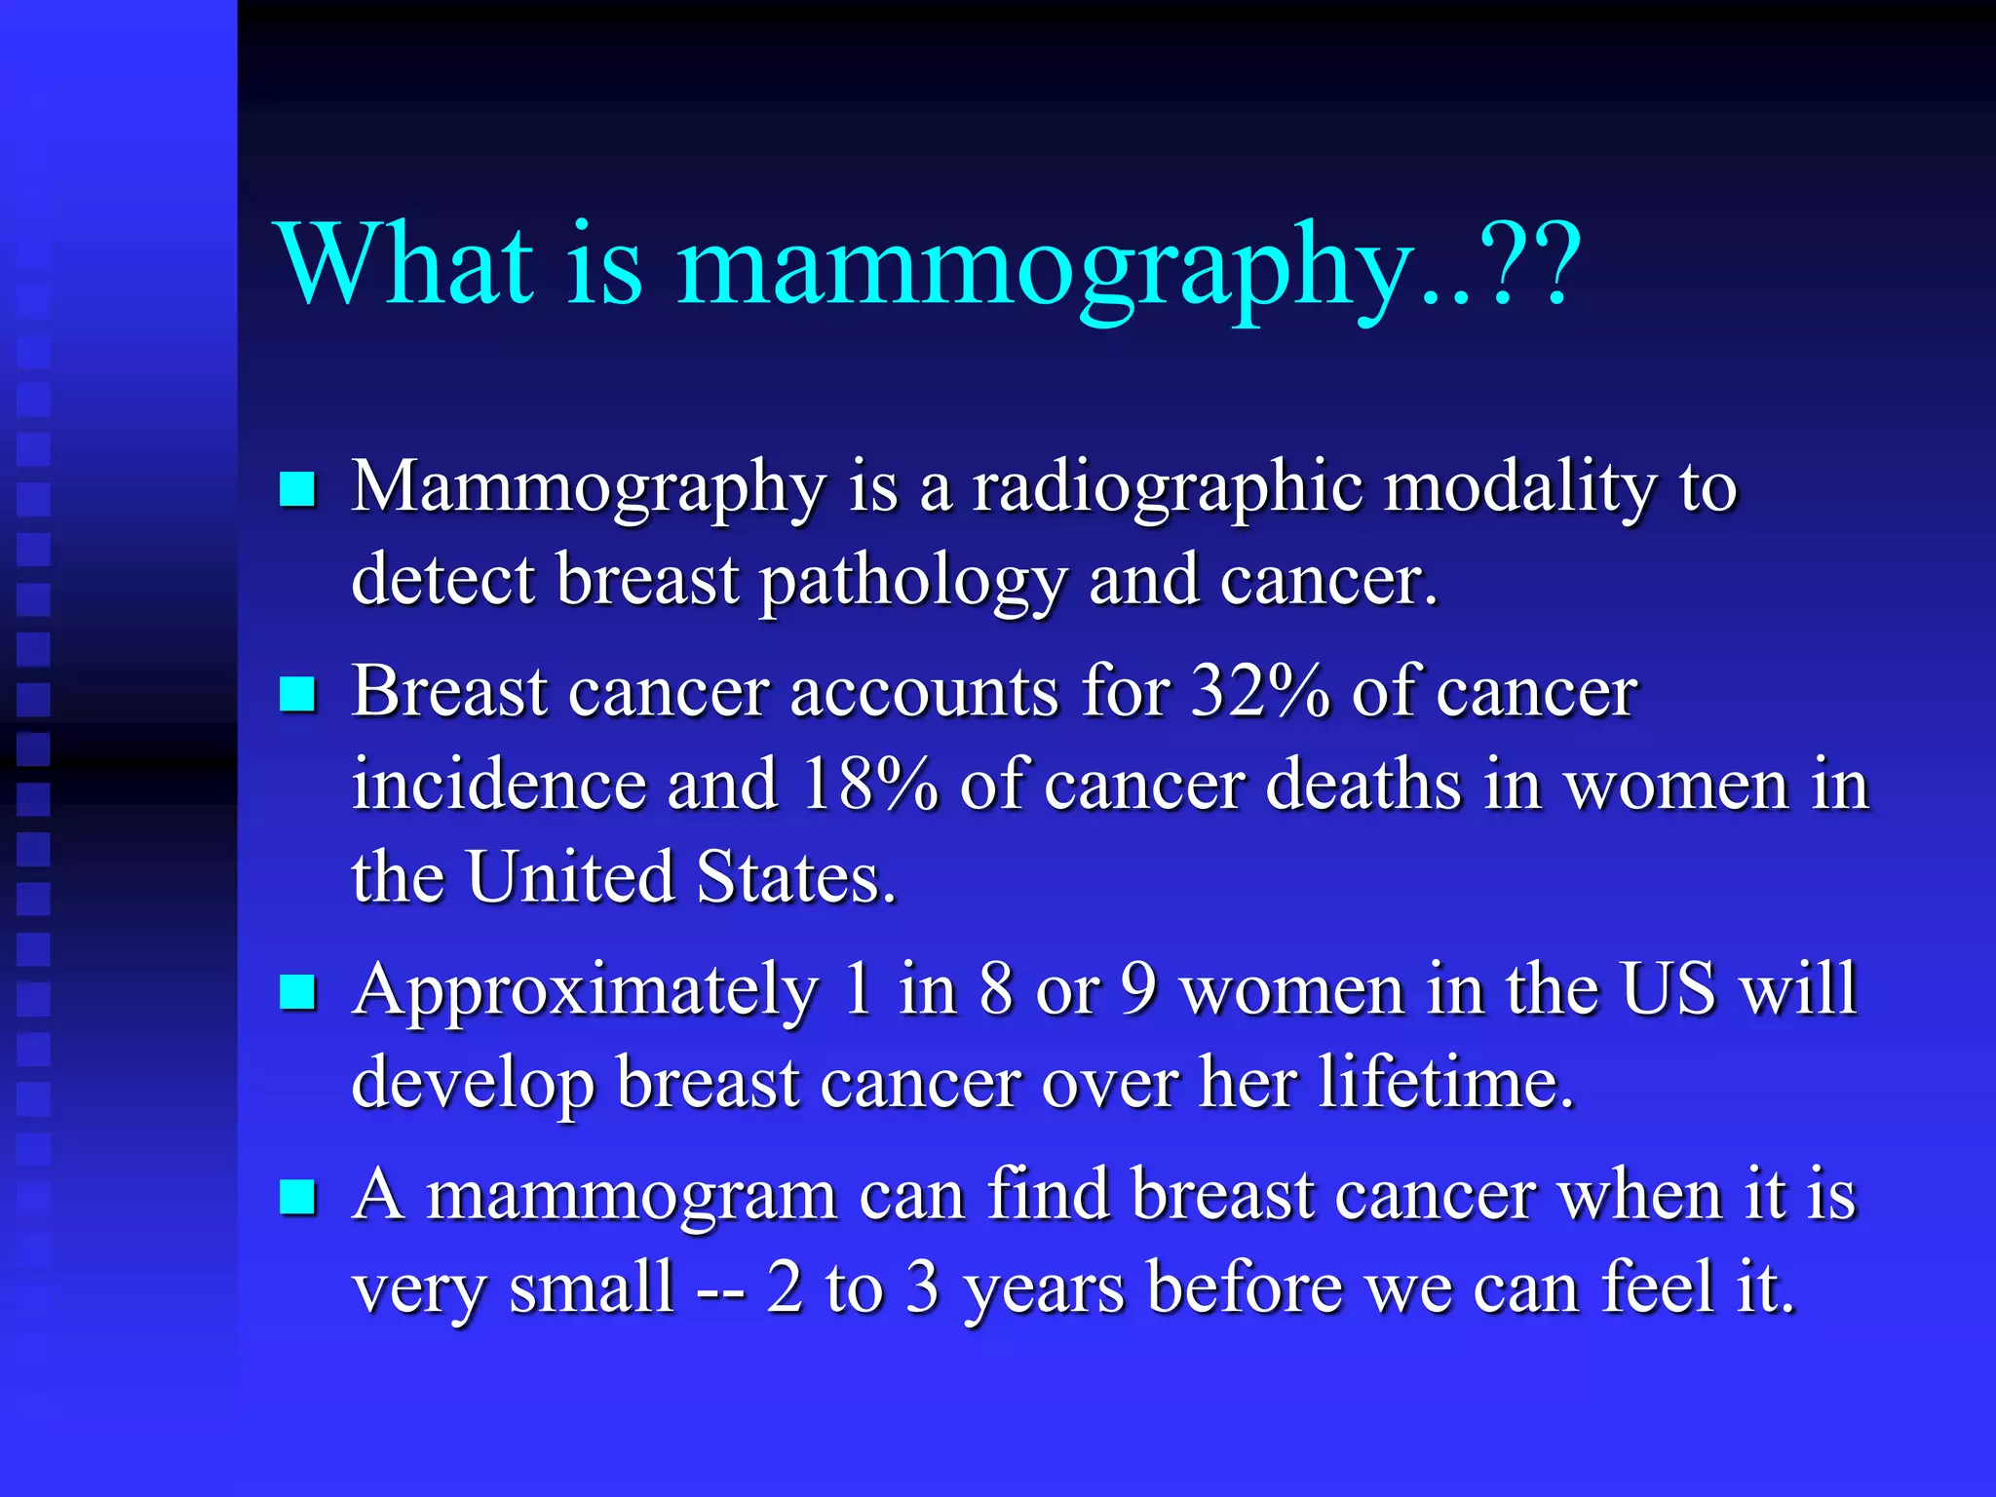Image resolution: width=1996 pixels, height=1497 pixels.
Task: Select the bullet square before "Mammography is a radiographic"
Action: point(297,489)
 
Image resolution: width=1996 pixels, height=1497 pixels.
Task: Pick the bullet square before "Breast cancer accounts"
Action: point(297,695)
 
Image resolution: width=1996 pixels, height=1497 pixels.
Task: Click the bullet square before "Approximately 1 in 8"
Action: point(297,993)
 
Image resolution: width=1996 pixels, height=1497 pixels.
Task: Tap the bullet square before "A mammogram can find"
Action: point(297,1198)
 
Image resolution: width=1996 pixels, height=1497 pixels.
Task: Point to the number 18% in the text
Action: point(867,784)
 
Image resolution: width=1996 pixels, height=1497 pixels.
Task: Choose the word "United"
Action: point(570,876)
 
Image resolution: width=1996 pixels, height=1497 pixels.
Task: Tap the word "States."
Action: point(796,876)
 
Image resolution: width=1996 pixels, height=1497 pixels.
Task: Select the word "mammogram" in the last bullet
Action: point(632,1197)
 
